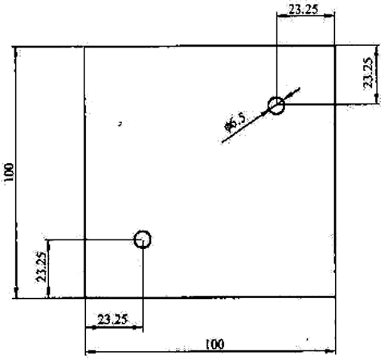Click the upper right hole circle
[268, 106]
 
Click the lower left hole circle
[135, 239]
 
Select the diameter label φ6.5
[235, 122]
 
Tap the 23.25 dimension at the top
[304, 10]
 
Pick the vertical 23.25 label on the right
[368, 73]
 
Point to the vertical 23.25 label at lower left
[42, 267]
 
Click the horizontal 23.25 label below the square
[112, 319]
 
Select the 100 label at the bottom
[214, 344]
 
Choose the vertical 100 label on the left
[9, 172]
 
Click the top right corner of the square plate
[335, 47]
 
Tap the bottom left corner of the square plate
[85, 297]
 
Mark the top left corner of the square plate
[85, 47]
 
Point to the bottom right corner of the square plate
[335, 297]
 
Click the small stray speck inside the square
[121, 124]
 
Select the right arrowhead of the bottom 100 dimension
[330, 350]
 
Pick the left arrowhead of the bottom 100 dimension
[91, 351]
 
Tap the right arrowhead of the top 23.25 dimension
[329, 15]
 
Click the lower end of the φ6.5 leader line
[223, 142]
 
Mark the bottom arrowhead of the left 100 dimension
[16, 292]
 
